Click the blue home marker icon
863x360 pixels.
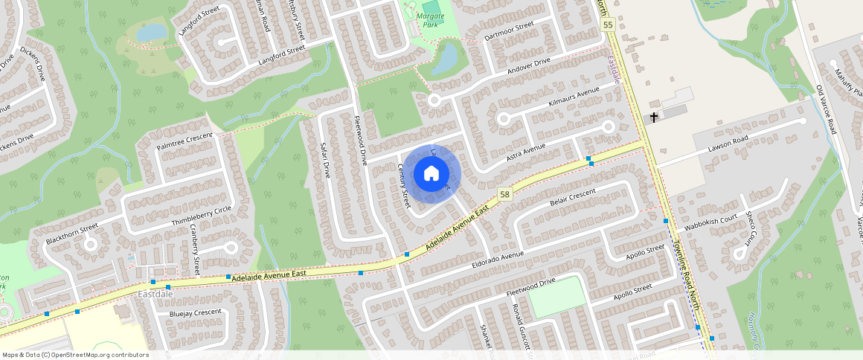(431, 173)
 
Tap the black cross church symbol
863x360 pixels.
(654, 118)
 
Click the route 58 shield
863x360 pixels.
(505, 194)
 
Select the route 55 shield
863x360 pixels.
(608, 25)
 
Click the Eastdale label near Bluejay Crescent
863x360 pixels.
(155, 295)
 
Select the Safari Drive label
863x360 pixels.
(324, 161)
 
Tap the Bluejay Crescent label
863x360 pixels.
(195, 313)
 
